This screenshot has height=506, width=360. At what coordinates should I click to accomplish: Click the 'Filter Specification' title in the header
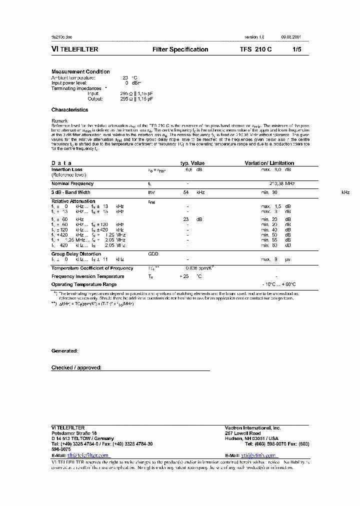pyautogui.click(x=180, y=49)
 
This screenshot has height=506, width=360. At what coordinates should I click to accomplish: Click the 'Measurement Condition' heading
pyautogui.click(x=80, y=71)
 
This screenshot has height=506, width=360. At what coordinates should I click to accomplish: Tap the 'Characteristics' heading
pyautogui.click(x=69, y=109)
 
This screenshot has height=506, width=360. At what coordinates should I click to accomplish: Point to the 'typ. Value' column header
pyautogui.click(x=192, y=163)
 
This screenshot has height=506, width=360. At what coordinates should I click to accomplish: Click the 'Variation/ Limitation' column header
pyautogui.click(x=269, y=163)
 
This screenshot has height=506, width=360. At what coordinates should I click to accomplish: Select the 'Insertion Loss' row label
pyautogui.click(x=67, y=169)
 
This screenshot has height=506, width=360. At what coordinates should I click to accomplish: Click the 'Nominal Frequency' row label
pyautogui.click(x=72, y=183)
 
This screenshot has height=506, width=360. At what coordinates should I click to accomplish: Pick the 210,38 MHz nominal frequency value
pyautogui.click(x=282, y=183)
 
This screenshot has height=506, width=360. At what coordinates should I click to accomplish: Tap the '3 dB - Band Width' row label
pyautogui.click(x=71, y=192)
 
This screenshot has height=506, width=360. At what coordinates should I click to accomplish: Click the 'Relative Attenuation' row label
pyautogui.click(x=73, y=201)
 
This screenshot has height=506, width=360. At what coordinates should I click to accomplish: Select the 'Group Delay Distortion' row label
pyautogui.click(x=76, y=254)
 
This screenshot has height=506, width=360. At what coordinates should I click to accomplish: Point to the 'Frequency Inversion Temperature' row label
pyautogui.click(x=88, y=276)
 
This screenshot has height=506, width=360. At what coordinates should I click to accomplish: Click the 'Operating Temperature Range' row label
pyautogui.click(x=83, y=284)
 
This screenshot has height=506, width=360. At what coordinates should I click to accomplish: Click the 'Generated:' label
pyautogui.click(x=64, y=351)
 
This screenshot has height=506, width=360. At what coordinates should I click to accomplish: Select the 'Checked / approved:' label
pyautogui.click(x=76, y=367)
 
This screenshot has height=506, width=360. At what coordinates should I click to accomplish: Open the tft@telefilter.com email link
pyautogui.click(x=88, y=455)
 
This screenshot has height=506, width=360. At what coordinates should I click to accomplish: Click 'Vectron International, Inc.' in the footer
pyautogui.click(x=253, y=428)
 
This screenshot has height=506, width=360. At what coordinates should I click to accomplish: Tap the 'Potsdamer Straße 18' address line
pyautogui.click(x=74, y=433)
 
